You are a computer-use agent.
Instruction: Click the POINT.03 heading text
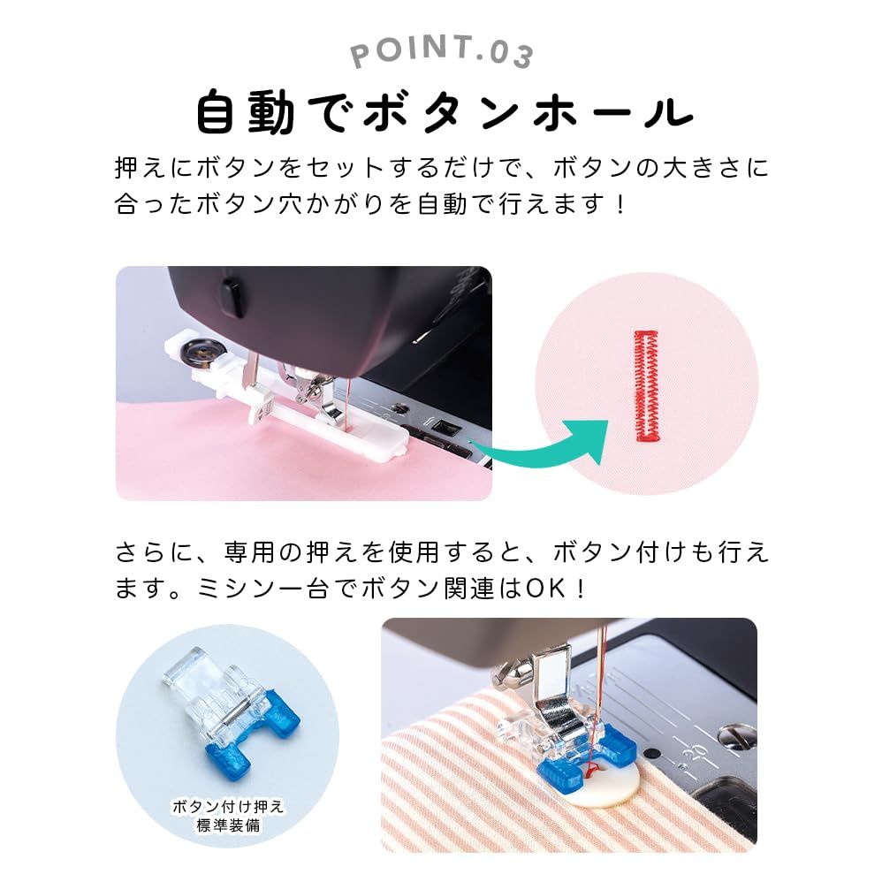point(442,52)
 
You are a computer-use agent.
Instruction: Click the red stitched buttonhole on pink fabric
point(647,385)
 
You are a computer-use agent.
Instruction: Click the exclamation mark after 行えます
point(620,205)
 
